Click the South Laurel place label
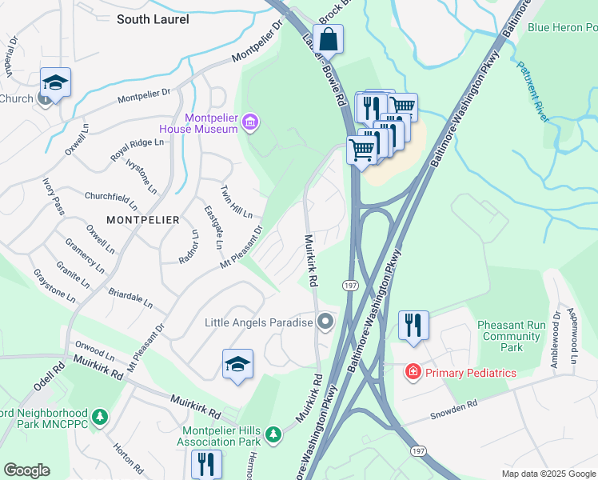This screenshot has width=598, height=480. coord(153,19)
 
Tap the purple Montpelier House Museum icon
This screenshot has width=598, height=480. coord(249,122)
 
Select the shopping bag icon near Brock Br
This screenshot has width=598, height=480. coord(329,38)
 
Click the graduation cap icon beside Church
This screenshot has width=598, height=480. coord(56,82)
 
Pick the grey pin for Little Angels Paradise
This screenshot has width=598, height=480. coord(325,322)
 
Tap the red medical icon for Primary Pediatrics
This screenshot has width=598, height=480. coord(412,372)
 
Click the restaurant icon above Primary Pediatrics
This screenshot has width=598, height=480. coord(413,325)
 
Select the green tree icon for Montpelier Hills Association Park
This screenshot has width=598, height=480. coord(273,434)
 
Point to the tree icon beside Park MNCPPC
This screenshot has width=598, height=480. coord(99,417)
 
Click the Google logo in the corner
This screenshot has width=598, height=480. coord(26,470)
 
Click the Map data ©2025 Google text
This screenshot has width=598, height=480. coord(548,474)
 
